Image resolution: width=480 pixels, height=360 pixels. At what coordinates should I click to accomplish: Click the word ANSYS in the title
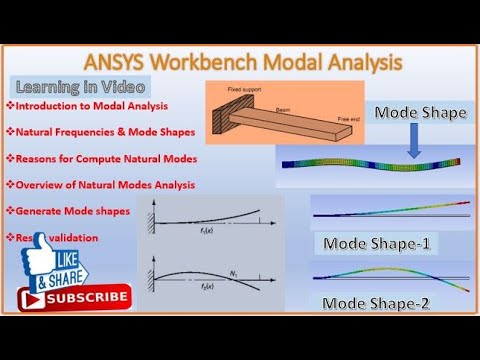[x=150, y=62]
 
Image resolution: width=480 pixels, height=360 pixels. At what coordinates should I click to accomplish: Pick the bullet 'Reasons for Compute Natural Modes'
[x=104, y=158]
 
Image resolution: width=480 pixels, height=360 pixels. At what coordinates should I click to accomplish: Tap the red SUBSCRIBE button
[x=75, y=297]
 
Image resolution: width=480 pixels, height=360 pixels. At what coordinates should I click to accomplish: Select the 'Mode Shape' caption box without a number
[x=420, y=113]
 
